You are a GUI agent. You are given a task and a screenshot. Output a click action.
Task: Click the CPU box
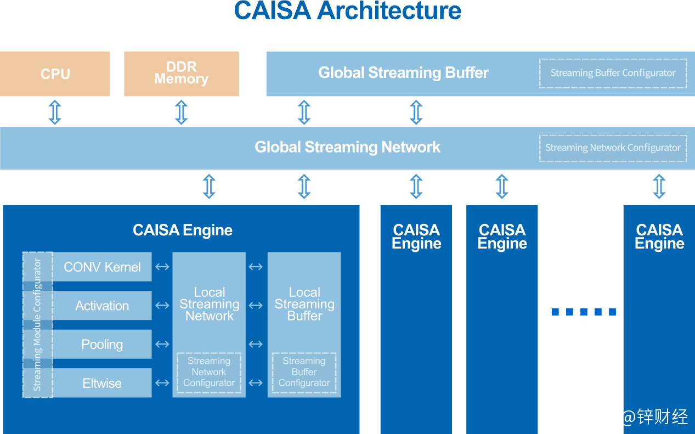click(55, 74)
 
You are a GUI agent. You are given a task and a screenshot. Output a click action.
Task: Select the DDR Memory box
click(181, 74)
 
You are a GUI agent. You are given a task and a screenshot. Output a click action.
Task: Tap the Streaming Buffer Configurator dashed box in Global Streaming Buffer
click(613, 74)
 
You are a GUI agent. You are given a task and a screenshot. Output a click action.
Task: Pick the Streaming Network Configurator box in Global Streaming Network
click(613, 148)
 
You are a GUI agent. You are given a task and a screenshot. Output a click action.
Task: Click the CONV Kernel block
click(102, 267)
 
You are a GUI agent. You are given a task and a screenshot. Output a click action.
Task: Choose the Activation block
click(102, 306)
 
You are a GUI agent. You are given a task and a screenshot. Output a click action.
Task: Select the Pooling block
click(102, 345)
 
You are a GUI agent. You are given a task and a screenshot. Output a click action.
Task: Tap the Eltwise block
click(102, 384)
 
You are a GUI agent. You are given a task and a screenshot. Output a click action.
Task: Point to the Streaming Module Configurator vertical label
click(37, 325)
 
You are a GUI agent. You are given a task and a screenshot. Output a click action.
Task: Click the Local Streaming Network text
click(209, 304)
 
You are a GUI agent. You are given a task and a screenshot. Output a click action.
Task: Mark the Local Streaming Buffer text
click(304, 304)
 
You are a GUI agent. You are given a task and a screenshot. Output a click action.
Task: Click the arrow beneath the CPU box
click(55, 112)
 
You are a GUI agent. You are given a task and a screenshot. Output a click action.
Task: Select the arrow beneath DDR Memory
click(182, 112)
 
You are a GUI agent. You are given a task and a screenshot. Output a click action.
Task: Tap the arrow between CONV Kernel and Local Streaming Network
click(162, 267)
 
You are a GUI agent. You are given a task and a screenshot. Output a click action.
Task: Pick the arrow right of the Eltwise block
click(162, 383)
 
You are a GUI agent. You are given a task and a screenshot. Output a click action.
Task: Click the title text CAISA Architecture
click(348, 11)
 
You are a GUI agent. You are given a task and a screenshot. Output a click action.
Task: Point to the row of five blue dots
click(583, 312)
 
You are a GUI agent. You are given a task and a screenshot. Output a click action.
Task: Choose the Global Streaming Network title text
click(347, 148)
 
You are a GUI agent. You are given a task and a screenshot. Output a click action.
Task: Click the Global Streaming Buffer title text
click(403, 73)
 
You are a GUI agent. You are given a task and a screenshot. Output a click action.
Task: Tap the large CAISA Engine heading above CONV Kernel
click(183, 230)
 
